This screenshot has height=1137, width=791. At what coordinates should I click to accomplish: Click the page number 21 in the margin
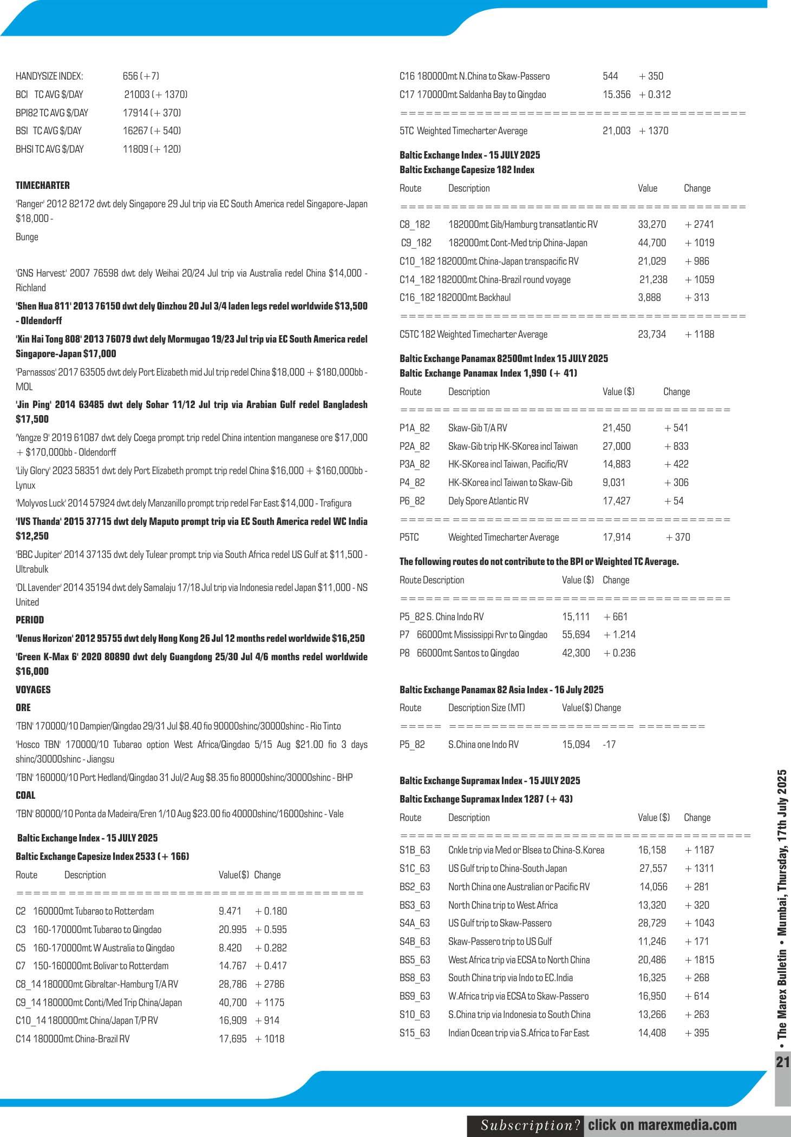pos(783,1061)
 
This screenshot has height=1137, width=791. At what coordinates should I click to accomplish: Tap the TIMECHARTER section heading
pos(43,186)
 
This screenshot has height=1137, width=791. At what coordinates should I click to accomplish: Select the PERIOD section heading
pos(30,620)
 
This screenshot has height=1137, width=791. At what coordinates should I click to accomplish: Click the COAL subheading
pos(25,796)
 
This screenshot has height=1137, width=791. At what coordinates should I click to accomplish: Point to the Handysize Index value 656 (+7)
pos(141,76)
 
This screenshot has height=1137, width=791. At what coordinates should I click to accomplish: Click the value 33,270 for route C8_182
pos(652,225)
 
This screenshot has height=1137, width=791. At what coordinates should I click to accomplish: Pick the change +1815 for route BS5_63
pos(700,959)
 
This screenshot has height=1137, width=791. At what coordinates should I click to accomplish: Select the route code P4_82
pos(412,483)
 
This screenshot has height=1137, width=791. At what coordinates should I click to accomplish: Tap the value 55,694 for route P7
pos(576,635)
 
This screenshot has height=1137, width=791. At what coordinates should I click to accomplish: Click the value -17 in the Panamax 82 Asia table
pos(610,745)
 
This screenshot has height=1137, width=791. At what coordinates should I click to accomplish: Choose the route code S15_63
pos(415,1033)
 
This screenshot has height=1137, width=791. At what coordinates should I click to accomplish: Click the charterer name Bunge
pos(27,237)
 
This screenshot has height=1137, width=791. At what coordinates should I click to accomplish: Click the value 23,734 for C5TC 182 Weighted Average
pos(652,334)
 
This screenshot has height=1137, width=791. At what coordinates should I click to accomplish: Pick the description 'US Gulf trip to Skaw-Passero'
pos(500,923)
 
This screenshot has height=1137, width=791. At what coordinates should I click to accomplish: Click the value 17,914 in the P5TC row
pos(617,537)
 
